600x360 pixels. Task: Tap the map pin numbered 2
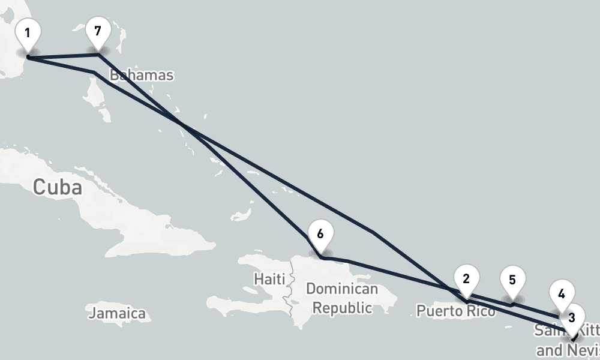[466, 278]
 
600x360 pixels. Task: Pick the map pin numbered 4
[561, 295]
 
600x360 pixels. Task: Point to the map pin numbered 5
[512, 281]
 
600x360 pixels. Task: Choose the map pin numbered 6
[320, 234]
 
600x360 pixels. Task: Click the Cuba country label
[57, 187]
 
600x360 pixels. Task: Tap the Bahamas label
[142, 75]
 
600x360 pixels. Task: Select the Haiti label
[269, 279]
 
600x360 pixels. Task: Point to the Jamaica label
[118, 313]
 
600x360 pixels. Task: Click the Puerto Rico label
[456, 311]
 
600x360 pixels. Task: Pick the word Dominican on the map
[342, 289]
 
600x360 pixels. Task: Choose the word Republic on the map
[343, 308]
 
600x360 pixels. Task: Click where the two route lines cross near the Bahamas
[182, 124]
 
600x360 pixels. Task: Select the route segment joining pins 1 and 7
[63, 56]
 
